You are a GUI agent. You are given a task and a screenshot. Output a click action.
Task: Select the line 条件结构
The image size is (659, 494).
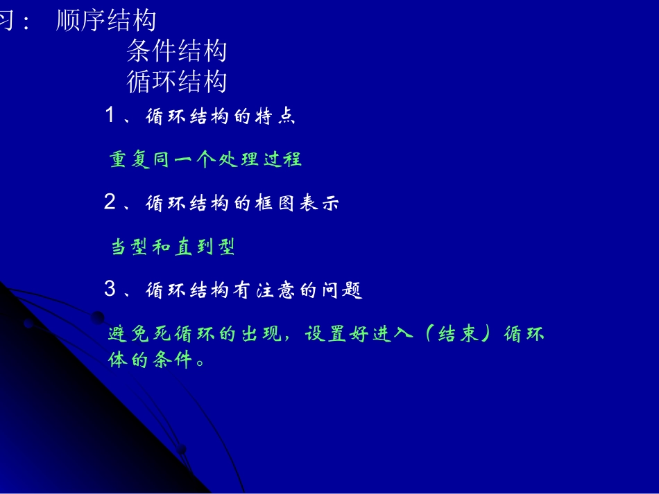point(177,51)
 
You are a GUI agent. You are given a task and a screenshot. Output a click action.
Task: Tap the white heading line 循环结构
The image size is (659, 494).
point(177,82)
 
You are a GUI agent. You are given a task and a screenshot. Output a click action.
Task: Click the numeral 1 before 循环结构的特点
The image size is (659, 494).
point(110,115)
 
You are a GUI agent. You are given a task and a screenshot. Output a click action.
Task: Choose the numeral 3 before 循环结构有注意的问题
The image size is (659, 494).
point(110,289)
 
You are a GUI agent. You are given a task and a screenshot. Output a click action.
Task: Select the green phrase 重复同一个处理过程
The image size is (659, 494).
point(205,159)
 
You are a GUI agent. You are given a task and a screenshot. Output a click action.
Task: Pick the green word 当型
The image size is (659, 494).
point(130,247)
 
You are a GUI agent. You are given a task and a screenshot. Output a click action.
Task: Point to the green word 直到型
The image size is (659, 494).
point(205,247)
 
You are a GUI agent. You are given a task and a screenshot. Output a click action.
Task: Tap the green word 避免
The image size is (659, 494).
point(130,335)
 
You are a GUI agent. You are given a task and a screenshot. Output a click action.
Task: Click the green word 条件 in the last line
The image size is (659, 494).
point(173,361)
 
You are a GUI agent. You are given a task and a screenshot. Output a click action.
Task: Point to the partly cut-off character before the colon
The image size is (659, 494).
point(6,21)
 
